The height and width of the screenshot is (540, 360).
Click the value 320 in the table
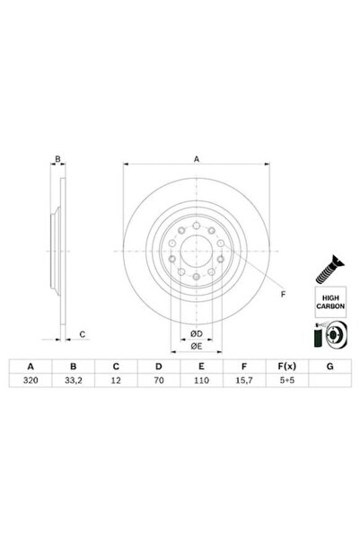(x=31, y=381)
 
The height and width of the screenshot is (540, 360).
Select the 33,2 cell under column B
(x=74, y=381)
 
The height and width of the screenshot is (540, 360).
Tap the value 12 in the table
(x=116, y=381)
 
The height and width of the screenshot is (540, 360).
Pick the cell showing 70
(x=158, y=381)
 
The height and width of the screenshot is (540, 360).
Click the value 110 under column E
(x=200, y=381)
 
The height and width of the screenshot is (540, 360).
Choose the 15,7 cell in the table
(x=243, y=381)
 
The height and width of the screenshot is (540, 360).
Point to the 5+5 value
(x=285, y=381)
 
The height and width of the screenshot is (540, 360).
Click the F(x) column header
(x=285, y=366)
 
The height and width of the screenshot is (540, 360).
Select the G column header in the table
(x=329, y=366)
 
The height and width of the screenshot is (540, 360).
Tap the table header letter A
(x=31, y=366)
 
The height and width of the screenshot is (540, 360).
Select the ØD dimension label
(x=197, y=334)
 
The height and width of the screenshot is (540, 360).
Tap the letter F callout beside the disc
(x=283, y=294)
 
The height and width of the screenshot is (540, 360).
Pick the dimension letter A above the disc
(x=197, y=159)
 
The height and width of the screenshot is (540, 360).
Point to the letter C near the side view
(x=82, y=334)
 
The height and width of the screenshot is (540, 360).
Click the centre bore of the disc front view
(x=197, y=252)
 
